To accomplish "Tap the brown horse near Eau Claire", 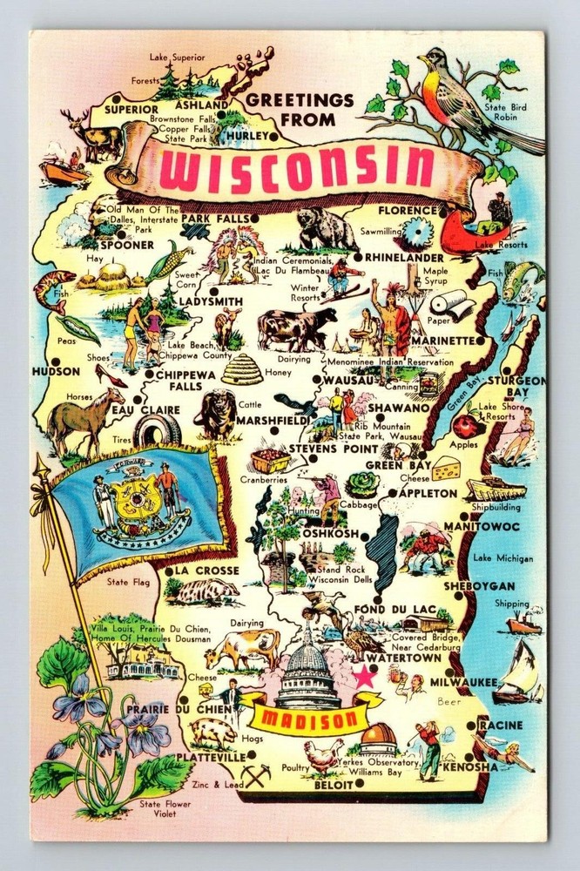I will [83, 419].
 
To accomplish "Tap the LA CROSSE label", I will [206, 571].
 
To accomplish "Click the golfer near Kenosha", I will [428, 748].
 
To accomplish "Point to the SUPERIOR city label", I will [131, 111].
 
